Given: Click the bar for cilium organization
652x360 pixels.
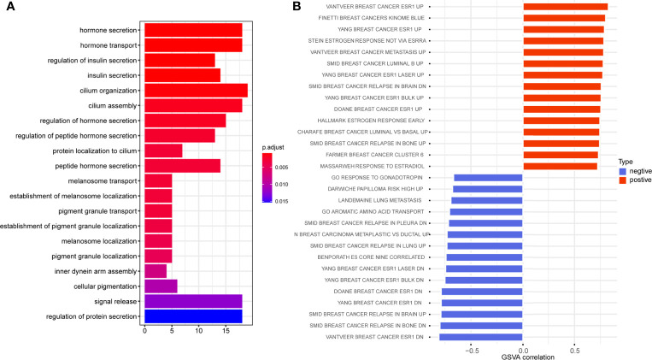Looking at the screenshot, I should (196, 90).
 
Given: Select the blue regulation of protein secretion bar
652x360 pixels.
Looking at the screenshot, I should (193, 316).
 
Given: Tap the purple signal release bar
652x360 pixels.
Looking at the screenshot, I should (193, 301).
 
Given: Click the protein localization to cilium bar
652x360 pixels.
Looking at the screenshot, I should (163, 150).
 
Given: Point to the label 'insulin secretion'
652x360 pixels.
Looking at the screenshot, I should (109, 74).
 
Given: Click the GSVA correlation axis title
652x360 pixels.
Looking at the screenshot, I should (523, 355).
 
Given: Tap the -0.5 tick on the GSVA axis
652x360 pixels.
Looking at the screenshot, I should (471, 347).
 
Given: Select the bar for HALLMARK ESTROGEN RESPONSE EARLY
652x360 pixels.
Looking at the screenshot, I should (561, 121).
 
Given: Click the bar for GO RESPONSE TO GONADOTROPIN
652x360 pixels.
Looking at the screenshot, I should (488, 178).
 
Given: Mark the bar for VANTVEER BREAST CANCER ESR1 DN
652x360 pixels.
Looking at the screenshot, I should (481, 336).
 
